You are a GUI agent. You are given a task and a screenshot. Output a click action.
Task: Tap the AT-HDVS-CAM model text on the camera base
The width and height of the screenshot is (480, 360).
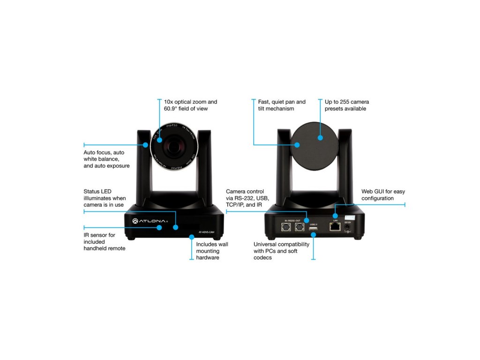206,232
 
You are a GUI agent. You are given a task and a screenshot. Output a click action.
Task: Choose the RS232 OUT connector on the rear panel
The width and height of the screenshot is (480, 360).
300,228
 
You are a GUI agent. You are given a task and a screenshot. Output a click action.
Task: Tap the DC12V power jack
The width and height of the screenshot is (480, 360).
348,228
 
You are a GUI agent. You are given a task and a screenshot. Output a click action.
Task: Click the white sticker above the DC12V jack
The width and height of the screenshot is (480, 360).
349,218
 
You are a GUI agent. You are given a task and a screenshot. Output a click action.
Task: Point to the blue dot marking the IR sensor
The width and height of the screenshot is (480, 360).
159,227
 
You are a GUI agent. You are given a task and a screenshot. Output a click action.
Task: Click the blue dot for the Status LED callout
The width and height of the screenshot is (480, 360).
176,227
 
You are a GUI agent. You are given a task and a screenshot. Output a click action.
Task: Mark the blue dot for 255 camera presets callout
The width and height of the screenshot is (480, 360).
320,138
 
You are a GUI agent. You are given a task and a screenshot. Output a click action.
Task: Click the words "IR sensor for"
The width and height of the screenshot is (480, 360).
99,235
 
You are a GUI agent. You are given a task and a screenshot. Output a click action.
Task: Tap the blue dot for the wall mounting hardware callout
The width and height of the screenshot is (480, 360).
192,237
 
